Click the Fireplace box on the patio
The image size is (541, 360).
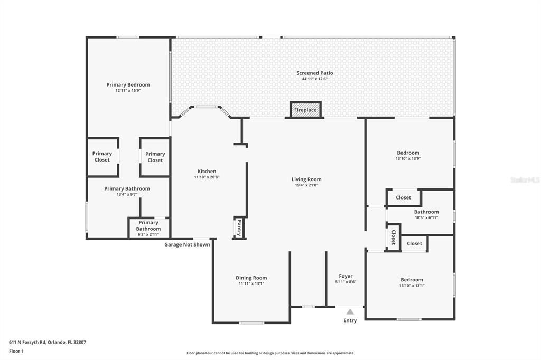(x=305, y=110)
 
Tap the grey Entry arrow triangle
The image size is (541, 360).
(x=350, y=312)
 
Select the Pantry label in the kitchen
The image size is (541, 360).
(x=239, y=228)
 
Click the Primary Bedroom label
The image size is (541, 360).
(x=128, y=84)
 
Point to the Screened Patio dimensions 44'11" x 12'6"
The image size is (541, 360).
(x=314, y=79)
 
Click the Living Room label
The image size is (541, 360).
(x=306, y=179)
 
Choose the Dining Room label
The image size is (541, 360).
(x=251, y=278)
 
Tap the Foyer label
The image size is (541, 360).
(x=346, y=276)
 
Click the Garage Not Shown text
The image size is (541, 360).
(x=187, y=244)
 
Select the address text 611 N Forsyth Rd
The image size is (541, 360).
(x=47, y=342)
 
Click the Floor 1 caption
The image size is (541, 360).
(x=16, y=350)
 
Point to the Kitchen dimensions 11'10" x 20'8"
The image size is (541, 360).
(x=207, y=177)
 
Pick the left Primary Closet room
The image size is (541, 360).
(x=102, y=157)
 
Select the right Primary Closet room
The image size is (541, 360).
(x=155, y=157)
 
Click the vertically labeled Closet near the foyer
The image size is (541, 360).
(x=393, y=238)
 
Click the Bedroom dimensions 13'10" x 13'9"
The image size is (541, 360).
(x=408, y=158)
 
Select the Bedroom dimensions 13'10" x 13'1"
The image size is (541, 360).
(x=411, y=286)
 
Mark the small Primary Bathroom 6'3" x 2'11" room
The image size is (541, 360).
(x=148, y=229)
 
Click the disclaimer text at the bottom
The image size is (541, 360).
(x=270, y=353)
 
